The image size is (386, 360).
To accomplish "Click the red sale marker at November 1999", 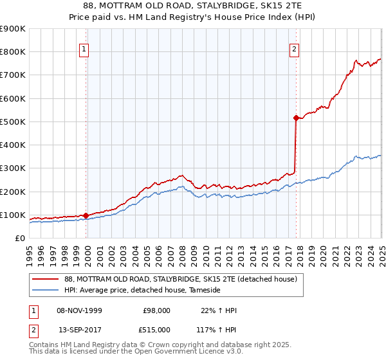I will [86, 215].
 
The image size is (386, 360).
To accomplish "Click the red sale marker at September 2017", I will [296, 118].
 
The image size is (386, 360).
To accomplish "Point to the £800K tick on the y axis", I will [13, 52].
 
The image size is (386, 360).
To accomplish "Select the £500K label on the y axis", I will [13, 122].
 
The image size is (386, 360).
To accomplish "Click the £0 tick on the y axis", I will [19, 239].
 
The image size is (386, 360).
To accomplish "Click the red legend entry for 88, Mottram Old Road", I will [180, 280].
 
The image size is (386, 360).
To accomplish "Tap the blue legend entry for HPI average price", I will [142, 291].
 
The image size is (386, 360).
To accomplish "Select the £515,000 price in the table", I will [156, 330].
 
